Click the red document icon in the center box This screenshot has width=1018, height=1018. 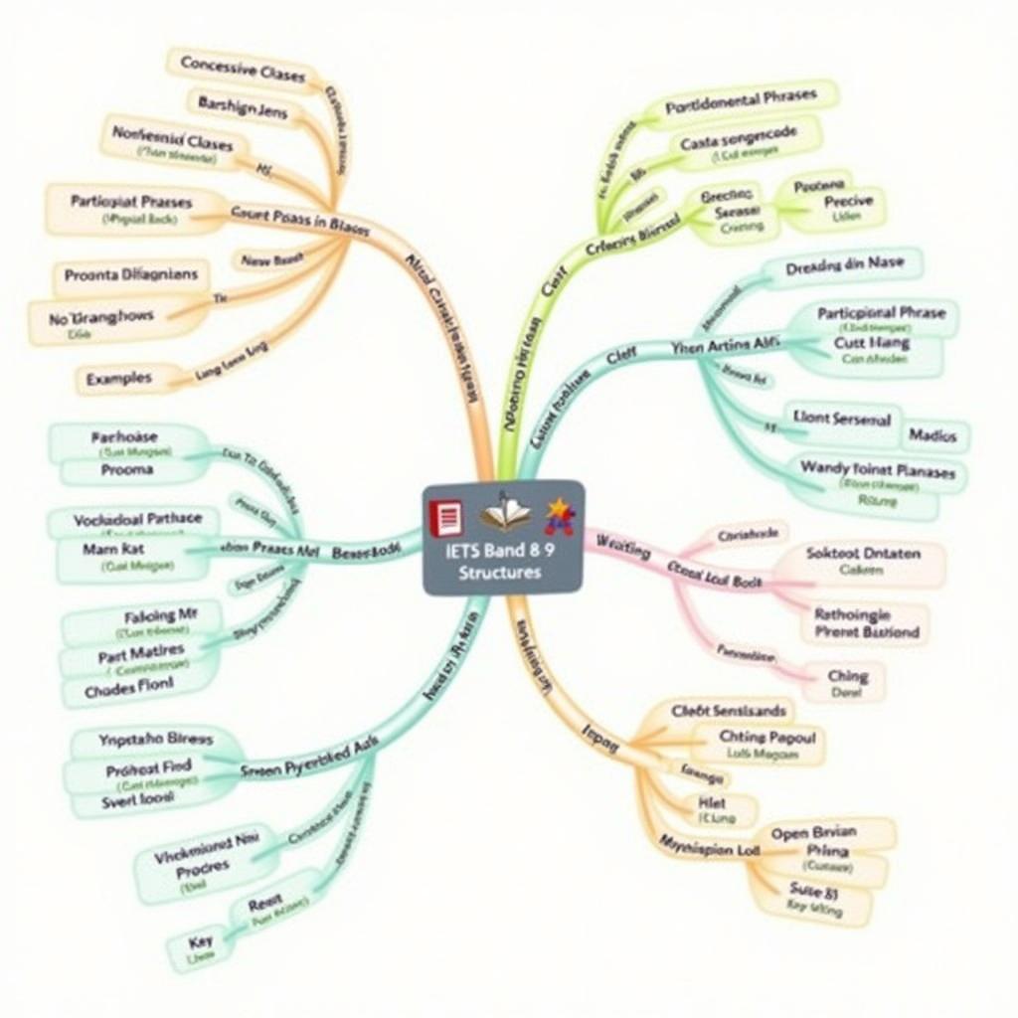click(445, 518)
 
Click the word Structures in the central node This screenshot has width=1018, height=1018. click(501, 574)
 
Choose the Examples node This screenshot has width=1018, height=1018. click(119, 378)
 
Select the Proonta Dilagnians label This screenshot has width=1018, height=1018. click(130, 274)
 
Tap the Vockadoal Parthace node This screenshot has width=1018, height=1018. click(137, 518)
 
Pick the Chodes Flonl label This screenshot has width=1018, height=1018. click(129, 683)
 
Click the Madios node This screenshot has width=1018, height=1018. click(933, 435)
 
